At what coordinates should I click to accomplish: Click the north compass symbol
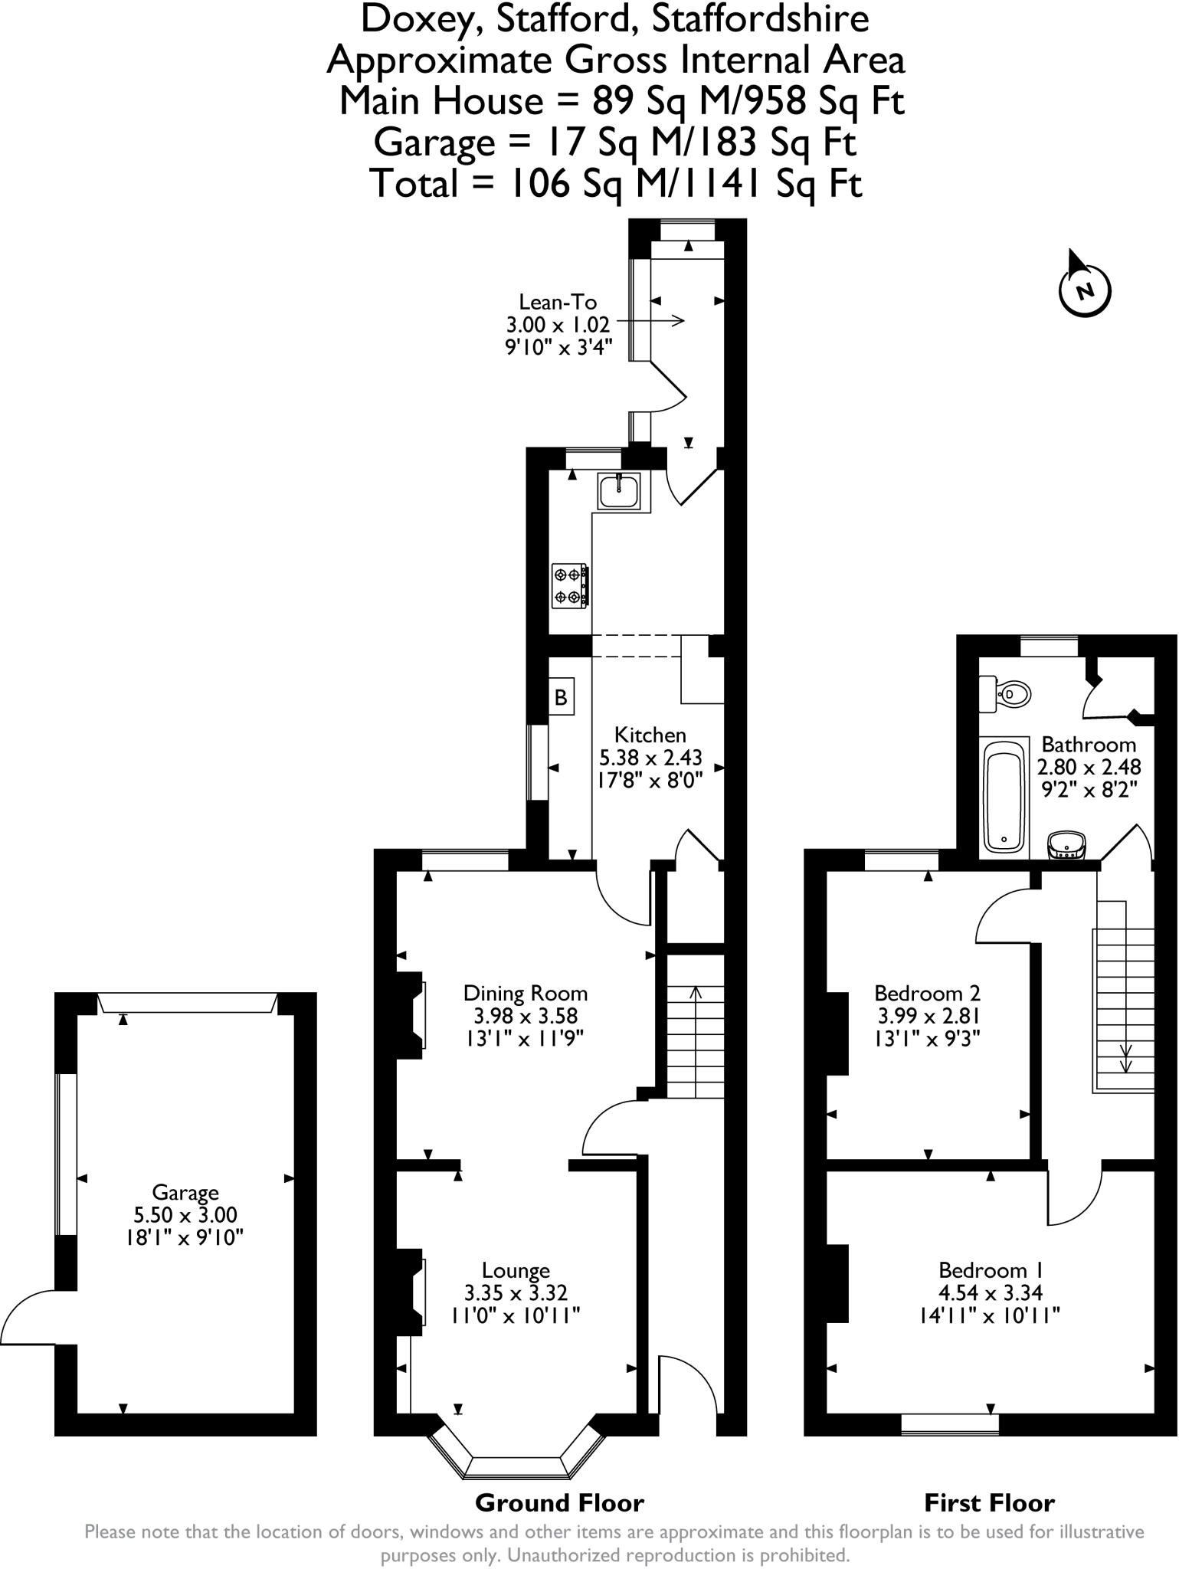(x=1084, y=289)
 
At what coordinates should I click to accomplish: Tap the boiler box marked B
(x=561, y=697)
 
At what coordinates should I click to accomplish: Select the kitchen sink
(x=619, y=491)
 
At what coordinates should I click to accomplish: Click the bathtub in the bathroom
(x=1004, y=795)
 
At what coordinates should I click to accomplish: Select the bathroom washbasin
(x=1066, y=845)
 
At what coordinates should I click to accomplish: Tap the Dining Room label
(x=526, y=994)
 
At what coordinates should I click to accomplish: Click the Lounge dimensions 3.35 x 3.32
(x=516, y=1293)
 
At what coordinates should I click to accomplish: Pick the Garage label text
(x=185, y=1192)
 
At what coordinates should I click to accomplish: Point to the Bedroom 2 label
(x=927, y=994)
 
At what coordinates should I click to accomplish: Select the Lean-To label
(x=558, y=302)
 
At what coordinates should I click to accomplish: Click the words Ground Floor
(x=559, y=1503)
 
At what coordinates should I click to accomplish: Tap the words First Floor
(x=989, y=1503)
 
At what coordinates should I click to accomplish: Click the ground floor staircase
(x=694, y=1027)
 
